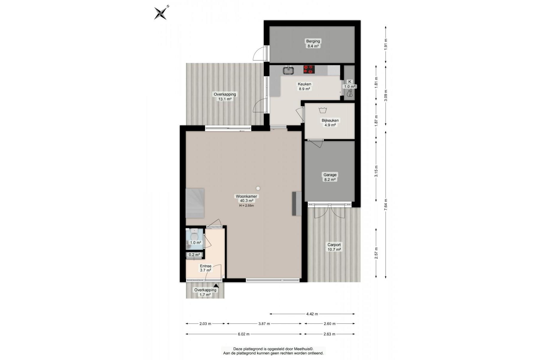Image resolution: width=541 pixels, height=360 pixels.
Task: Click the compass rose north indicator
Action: click(x=161, y=13)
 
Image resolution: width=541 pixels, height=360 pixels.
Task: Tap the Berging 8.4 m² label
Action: click(x=313, y=43)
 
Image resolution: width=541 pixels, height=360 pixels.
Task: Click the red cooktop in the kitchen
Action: click(x=309, y=70)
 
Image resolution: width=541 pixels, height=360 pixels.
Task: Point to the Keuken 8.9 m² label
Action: click(x=304, y=86)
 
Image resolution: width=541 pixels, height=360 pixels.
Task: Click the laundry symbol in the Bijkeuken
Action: click(x=323, y=110)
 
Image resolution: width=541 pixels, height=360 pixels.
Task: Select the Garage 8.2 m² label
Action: click(x=330, y=177)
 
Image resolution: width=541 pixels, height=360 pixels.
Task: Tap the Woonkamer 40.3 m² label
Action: click(x=246, y=199)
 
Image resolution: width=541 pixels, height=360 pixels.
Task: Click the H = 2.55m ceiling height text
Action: click(x=246, y=206)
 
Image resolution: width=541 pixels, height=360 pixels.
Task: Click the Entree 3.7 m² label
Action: click(x=206, y=268)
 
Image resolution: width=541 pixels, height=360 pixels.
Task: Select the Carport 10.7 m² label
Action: click(x=334, y=247)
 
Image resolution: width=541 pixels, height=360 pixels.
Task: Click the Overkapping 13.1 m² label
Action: click(x=225, y=97)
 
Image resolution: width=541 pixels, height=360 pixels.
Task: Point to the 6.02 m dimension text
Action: click(x=244, y=334)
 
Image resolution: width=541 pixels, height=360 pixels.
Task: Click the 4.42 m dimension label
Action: click(x=312, y=314)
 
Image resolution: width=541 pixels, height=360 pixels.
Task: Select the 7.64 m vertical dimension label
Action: click(x=386, y=205)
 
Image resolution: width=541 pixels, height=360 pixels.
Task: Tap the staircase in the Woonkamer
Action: click(x=195, y=203)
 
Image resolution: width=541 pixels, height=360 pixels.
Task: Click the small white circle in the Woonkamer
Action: click(x=258, y=188)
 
